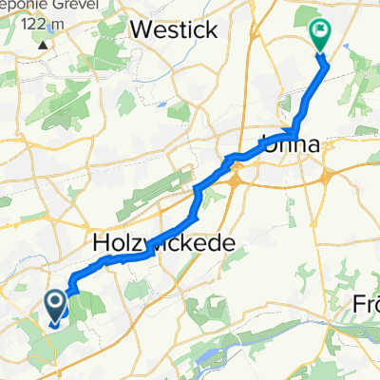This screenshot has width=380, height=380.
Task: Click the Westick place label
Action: (x=174, y=29)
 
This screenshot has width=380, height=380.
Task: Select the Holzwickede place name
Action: (x=164, y=244)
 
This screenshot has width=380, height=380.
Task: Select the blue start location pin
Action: (x=56, y=305)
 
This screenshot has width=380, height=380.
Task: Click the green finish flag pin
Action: (x=319, y=34)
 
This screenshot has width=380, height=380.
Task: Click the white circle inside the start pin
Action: (x=56, y=301)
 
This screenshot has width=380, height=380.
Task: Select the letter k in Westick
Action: (x=211, y=29)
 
